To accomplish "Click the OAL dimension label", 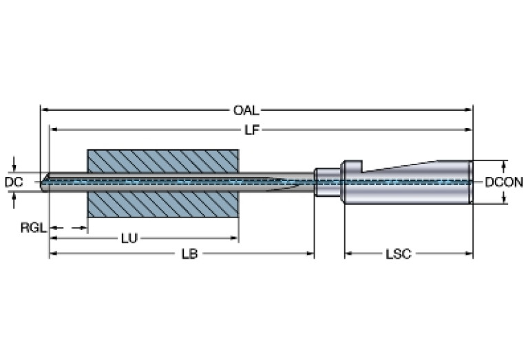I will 246,110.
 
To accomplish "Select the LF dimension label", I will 252,130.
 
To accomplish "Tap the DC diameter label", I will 14,182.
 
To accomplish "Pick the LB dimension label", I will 189,254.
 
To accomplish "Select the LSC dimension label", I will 398,254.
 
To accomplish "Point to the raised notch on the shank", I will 352,165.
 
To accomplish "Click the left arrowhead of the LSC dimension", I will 348,254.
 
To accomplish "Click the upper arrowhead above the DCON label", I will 505,165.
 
